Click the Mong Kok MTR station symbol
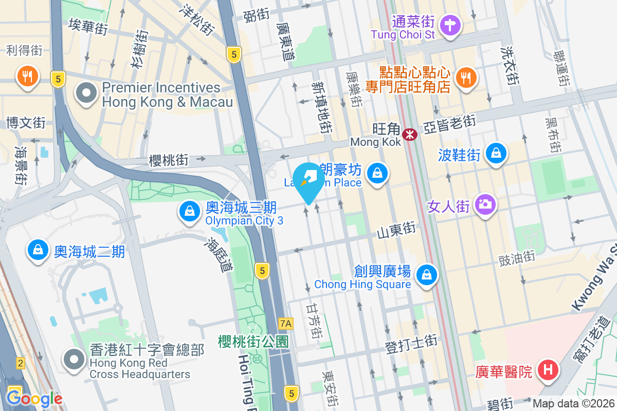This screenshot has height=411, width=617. pos(410,135)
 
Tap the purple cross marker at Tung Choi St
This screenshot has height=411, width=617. pos(450,24)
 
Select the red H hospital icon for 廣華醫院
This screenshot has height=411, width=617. pos(548,370)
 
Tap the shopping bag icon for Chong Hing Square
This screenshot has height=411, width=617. pos(427,274)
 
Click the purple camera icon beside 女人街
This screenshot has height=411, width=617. pos(484,204)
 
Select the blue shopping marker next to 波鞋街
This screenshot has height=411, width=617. pos(496,153)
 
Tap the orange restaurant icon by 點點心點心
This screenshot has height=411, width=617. pos(466,78)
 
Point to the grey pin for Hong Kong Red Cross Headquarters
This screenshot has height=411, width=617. pos(74,360)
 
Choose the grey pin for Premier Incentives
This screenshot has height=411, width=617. pos(86,94)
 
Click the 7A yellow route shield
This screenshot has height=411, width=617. pos(285,324)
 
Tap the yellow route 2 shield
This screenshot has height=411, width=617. pos(20,363)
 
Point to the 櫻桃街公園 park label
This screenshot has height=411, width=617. pos(254,341)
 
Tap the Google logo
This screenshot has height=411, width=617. pos(34,399)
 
